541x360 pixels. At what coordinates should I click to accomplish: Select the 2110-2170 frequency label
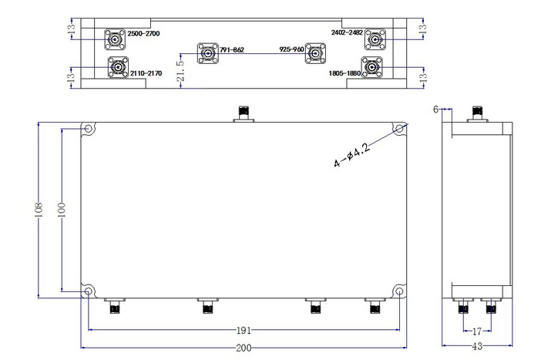(147, 72)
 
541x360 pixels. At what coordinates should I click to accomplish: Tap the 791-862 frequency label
(231, 50)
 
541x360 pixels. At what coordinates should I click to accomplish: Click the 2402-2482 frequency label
(348, 32)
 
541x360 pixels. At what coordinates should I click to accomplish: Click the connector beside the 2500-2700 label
(116, 38)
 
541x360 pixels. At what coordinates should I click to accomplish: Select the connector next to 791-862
(207, 52)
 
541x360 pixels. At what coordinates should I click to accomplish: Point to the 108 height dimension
(38, 210)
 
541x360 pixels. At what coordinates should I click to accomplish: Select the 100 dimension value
(62, 210)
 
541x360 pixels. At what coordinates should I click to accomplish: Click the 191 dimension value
(244, 329)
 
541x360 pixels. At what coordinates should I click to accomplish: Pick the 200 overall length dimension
(244, 348)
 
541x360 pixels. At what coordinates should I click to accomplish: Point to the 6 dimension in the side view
(435, 109)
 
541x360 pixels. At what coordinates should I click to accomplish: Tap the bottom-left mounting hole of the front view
(89, 291)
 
